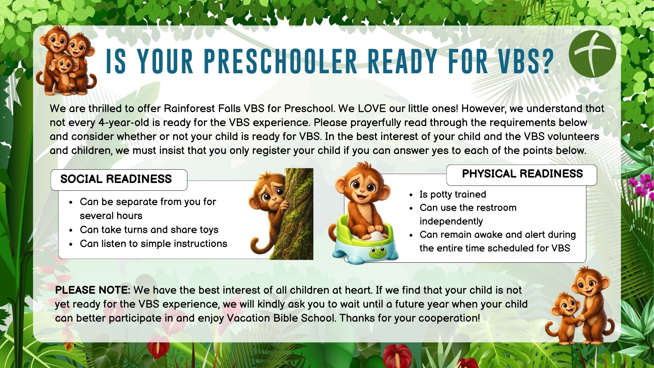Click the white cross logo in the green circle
pyautogui.click(x=592, y=54)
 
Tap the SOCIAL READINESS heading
pyautogui.click(x=116, y=179)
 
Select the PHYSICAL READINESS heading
pyautogui.click(x=522, y=174)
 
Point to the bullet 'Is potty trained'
pyautogui.click(x=453, y=195)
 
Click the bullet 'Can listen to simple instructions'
pyautogui.click(x=153, y=244)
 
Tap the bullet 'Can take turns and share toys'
pyautogui.click(x=149, y=230)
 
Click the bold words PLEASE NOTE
pyautogui.click(x=93, y=290)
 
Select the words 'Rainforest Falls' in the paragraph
pyautogui.click(x=202, y=109)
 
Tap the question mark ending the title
pyautogui.click(x=546, y=62)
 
